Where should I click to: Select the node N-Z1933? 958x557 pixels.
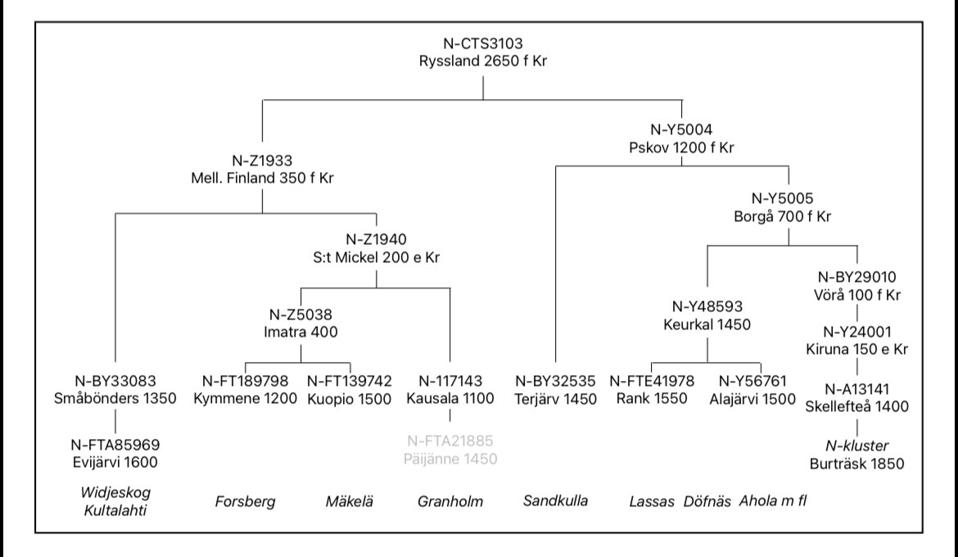pyautogui.click(x=262, y=161)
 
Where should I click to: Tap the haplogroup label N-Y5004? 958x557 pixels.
pyautogui.click(x=681, y=129)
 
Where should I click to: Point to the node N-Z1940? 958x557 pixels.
pyautogui.click(x=376, y=240)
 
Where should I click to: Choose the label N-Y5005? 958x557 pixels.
pyautogui.click(x=788, y=198)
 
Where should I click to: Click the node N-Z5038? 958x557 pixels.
pyautogui.click(x=301, y=314)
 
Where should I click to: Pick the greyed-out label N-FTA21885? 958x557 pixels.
pyautogui.click(x=450, y=442)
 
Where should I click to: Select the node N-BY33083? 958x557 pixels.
pyautogui.click(x=115, y=381)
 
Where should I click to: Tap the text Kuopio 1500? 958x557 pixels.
pyautogui.click(x=350, y=399)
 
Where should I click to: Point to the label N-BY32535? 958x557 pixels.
pyautogui.click(x=554, y=381)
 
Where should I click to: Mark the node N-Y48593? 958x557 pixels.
pyautogui.click(x=707, y=306)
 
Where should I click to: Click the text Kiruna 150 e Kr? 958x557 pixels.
pyautogui.click(x=856, y=349)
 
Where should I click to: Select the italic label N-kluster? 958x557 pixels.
pyautogui.click(x=856, y=445)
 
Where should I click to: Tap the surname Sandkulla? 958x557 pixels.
pyautogui.click(x=557, y=500)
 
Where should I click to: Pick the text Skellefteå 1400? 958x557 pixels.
pyautogui.click(x=856, y=407)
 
